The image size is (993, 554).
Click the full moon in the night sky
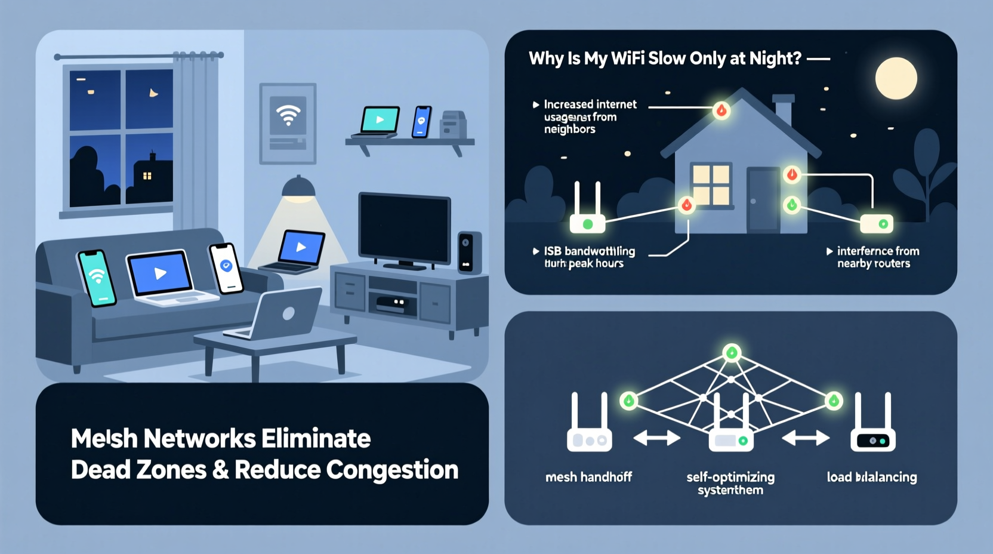[896, 78]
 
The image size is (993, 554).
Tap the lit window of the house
[711, 184]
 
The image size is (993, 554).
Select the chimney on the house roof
[783, 110]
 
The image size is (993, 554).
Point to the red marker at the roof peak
[721, 110]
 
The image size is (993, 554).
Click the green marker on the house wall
[792, 205]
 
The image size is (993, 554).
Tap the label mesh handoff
[588, 477]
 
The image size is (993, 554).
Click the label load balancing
[871, 477]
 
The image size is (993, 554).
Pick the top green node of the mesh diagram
[732, 353]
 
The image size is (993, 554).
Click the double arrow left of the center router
[656, 439]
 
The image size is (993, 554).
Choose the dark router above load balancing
[872, 424]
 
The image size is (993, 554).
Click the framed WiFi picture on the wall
[288, 123]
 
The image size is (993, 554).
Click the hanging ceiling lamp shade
[298, 188]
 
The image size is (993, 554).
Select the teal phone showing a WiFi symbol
[97, 278]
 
